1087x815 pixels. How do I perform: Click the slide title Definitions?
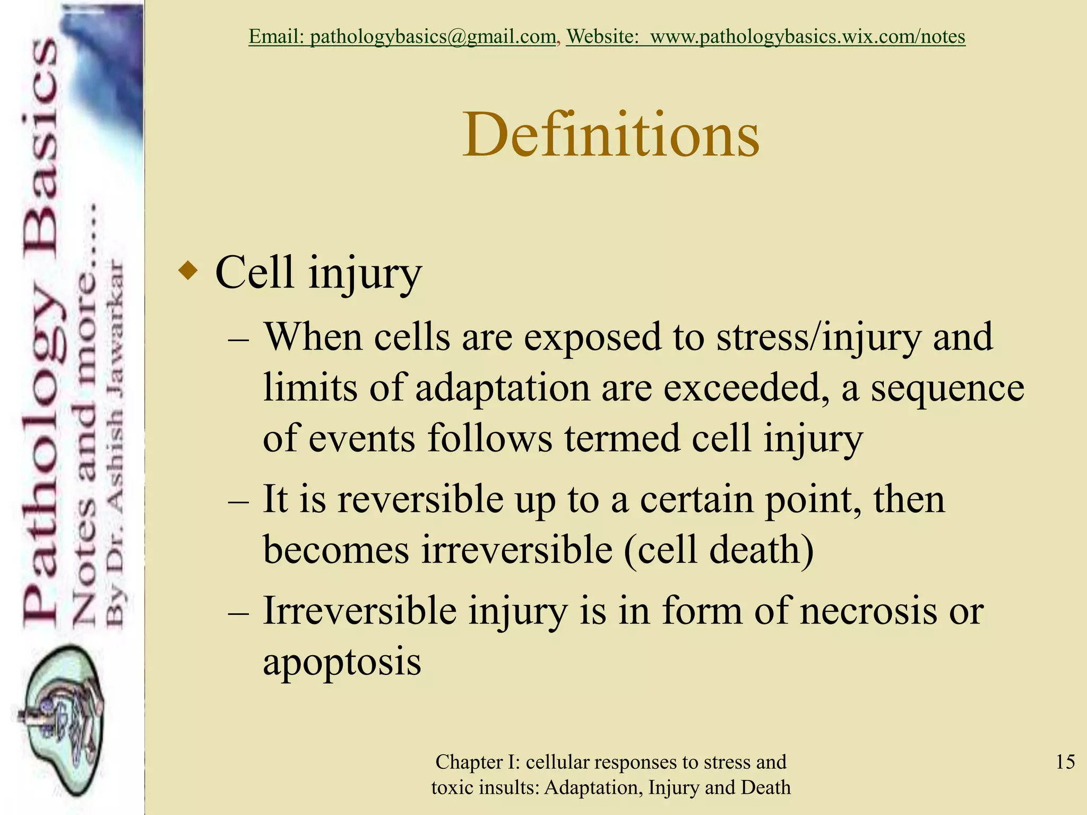click(611, 135)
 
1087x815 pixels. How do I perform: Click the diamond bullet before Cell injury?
click(188, 272)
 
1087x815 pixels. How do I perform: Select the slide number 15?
click(1065, 762)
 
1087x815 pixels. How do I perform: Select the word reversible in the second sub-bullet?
click(420, 500)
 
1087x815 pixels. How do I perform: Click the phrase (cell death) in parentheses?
click(719, 550)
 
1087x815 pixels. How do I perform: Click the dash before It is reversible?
click(238, 501)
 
